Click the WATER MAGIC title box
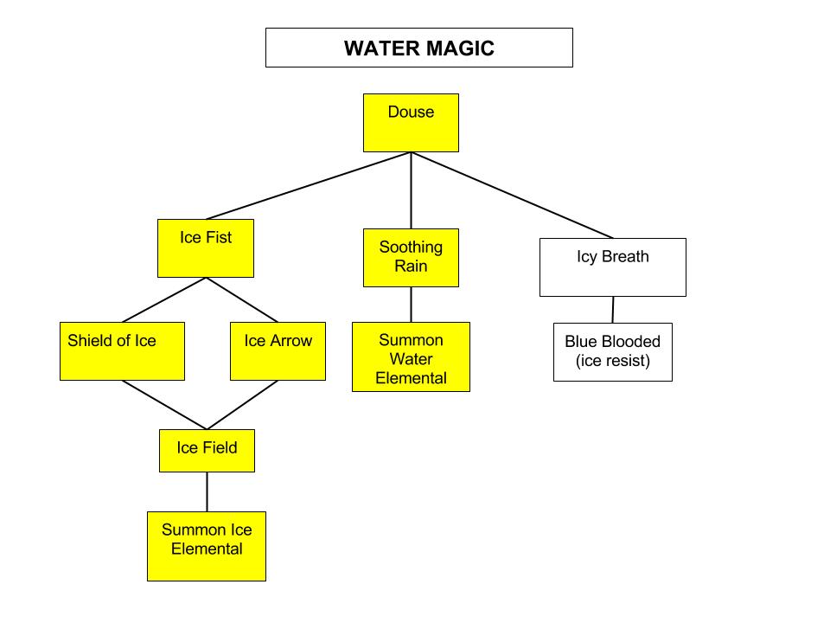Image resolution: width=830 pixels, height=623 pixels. point(418,48)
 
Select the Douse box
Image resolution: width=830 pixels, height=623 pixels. point(411,123)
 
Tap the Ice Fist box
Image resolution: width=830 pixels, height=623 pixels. point(206,248)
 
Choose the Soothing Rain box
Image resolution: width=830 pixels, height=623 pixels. point(411,258)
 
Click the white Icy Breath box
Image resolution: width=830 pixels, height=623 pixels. point(612,267)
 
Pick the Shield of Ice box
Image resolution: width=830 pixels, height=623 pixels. point(122,351)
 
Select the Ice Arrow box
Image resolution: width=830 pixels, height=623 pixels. point(278,351)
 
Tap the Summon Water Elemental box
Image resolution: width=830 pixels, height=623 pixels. point(411,356)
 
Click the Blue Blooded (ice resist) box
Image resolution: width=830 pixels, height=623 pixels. point(612,352)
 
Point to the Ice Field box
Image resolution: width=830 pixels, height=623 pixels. point(207,451)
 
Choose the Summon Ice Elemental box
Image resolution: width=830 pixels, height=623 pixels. point(207,546)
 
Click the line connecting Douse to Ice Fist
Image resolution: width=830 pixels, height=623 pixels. point(309,186)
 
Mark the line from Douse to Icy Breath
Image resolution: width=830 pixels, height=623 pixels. point(512,195)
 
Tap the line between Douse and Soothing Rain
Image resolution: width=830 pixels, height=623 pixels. point(411,190)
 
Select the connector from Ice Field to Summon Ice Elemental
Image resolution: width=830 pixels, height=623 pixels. point(207,491)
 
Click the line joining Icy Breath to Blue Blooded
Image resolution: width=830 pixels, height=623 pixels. point(613,310)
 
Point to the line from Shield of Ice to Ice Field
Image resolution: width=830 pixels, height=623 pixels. point(164,405)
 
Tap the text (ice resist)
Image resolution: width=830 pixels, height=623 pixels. point(612,362)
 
